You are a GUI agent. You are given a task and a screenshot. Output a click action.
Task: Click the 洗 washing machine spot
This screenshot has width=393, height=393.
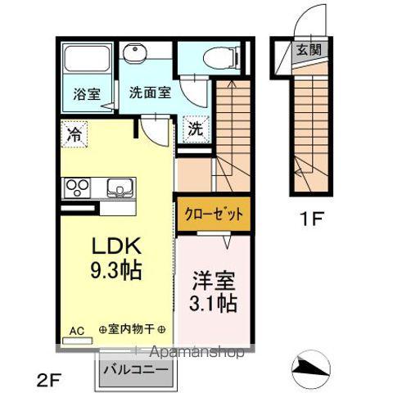[x=196, y=129]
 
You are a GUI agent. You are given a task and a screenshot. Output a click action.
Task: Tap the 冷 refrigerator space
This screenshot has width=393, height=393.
[x=75, y=130]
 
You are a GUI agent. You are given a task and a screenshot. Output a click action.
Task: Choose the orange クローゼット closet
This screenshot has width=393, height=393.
[x=211, y=215]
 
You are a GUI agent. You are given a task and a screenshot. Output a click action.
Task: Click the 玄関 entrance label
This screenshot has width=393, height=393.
[x=309, y=50]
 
